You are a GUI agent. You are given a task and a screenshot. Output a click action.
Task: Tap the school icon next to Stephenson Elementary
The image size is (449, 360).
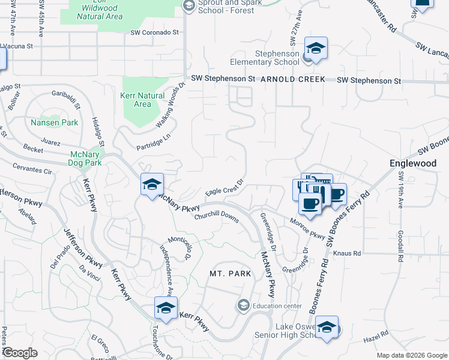316,48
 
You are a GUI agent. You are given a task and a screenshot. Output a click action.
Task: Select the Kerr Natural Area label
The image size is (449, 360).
142,100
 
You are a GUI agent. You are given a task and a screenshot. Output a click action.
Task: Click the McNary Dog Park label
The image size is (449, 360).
84,158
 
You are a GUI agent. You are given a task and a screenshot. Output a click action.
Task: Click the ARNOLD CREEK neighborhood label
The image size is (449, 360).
292,79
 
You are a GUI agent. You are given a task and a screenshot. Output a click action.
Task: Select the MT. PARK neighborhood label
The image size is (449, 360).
230,274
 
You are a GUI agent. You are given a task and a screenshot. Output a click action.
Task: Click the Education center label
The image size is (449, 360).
277,306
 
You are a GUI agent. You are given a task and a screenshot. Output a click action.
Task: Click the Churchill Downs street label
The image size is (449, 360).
216,217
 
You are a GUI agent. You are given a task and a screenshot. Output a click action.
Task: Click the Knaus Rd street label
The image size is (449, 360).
347,253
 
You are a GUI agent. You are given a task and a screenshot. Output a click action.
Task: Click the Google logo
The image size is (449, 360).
19,353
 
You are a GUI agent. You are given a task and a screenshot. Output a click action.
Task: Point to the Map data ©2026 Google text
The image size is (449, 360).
411,355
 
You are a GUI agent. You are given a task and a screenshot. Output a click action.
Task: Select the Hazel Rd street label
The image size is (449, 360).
376,339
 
